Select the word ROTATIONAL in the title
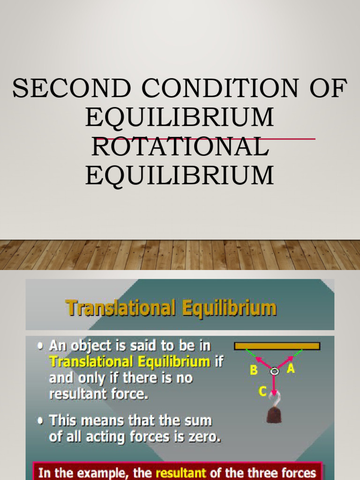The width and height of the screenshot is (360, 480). point(180,148)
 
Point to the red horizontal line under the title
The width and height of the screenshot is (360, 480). point(291,139)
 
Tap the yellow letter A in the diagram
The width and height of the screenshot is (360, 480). point(291,369)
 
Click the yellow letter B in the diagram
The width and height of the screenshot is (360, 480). point(254,370)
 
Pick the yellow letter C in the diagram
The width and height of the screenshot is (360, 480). point(263,391)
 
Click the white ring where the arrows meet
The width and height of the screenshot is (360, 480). point(275,371)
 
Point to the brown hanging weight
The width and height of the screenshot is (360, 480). point(274,414)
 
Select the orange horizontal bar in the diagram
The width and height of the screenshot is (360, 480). point(277,346)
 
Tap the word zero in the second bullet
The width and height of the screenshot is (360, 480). point(205,437)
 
